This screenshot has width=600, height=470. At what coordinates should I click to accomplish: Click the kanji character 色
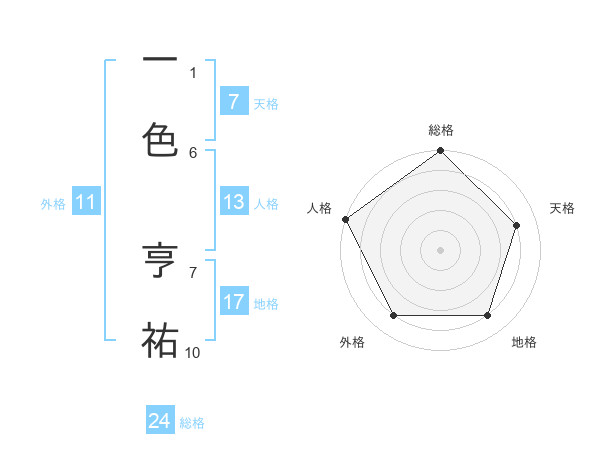click(x=160, y=139)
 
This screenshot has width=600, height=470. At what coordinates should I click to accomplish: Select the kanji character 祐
click(x=160, y=339)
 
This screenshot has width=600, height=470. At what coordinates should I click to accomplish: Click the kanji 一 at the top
click(x=160, y=59)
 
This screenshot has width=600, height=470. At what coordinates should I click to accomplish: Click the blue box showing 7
click(x=233, y=102)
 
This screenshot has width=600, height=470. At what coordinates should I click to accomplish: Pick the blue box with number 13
click(x=233, y=202)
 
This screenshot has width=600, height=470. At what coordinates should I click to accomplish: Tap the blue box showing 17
click(x=233, y=302)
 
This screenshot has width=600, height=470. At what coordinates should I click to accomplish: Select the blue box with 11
click(x=86, y=203)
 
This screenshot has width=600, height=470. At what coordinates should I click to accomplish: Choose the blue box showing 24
click(x=160, y=421)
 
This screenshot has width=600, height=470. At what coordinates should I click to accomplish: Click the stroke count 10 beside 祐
click(x=193, y=352)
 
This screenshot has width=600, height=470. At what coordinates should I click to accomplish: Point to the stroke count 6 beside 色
click(x=193, y=152)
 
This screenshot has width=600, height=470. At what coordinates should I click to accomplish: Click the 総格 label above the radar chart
click(x=441, y=130)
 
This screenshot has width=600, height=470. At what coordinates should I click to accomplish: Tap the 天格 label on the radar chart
click(x=562, y=208)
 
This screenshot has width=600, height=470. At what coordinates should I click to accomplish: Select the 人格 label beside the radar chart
click(x=319, y=208)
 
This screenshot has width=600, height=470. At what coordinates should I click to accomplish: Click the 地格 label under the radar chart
click(x=524, y=342)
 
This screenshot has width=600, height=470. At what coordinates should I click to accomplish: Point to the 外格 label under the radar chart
click(x=352, y=342)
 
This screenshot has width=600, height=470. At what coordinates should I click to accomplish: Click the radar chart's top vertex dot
click(x=440, y=152)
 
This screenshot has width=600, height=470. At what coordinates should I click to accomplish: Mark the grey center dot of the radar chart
click(x=440, y=250)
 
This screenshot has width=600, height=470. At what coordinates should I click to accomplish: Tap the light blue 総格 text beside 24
click(x=192, y=423)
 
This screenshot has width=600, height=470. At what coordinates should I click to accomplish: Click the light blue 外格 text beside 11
click(x=53, y=204)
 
